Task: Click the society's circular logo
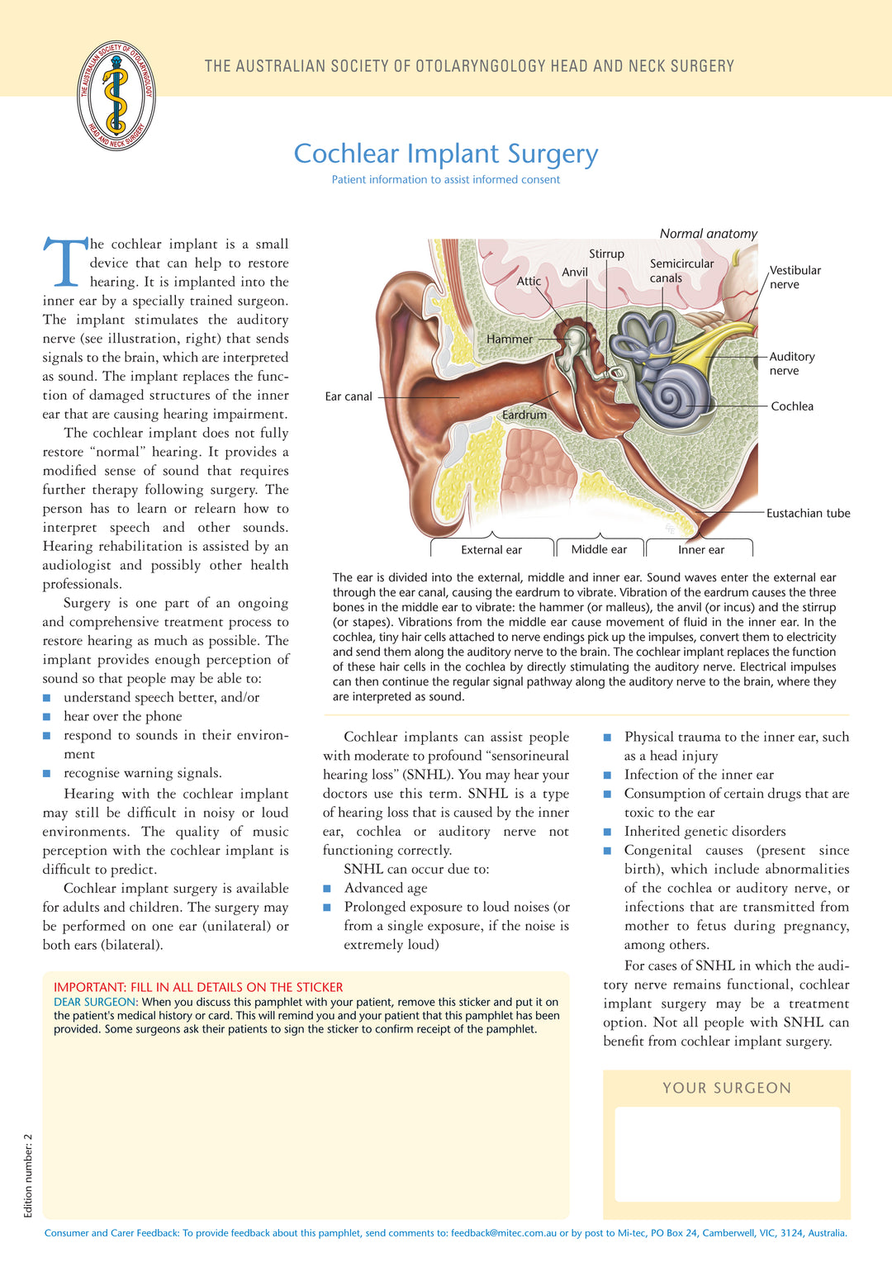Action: (116, 96)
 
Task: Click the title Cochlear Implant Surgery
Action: (446, 154)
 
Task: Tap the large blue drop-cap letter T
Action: (65, 263)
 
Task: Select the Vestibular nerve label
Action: (795, 278)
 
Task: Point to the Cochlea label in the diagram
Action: (792, 406)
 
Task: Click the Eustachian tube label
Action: (808, 514)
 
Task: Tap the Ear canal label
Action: (349, 396)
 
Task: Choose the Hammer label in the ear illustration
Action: (510, 339)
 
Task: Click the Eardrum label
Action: (524, 415)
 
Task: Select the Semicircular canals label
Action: (681, 271)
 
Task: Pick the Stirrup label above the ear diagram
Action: (606, 254)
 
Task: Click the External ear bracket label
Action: (491, 550)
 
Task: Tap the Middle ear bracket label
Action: (599, 549)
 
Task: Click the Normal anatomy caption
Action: (708, 234)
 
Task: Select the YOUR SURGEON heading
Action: (727, 1088)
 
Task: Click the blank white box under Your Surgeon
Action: (727, 1154)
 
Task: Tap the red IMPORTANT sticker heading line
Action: (198, 987)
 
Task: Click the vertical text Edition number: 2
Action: (28, 1175)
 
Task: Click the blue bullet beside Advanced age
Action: (327, 889)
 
